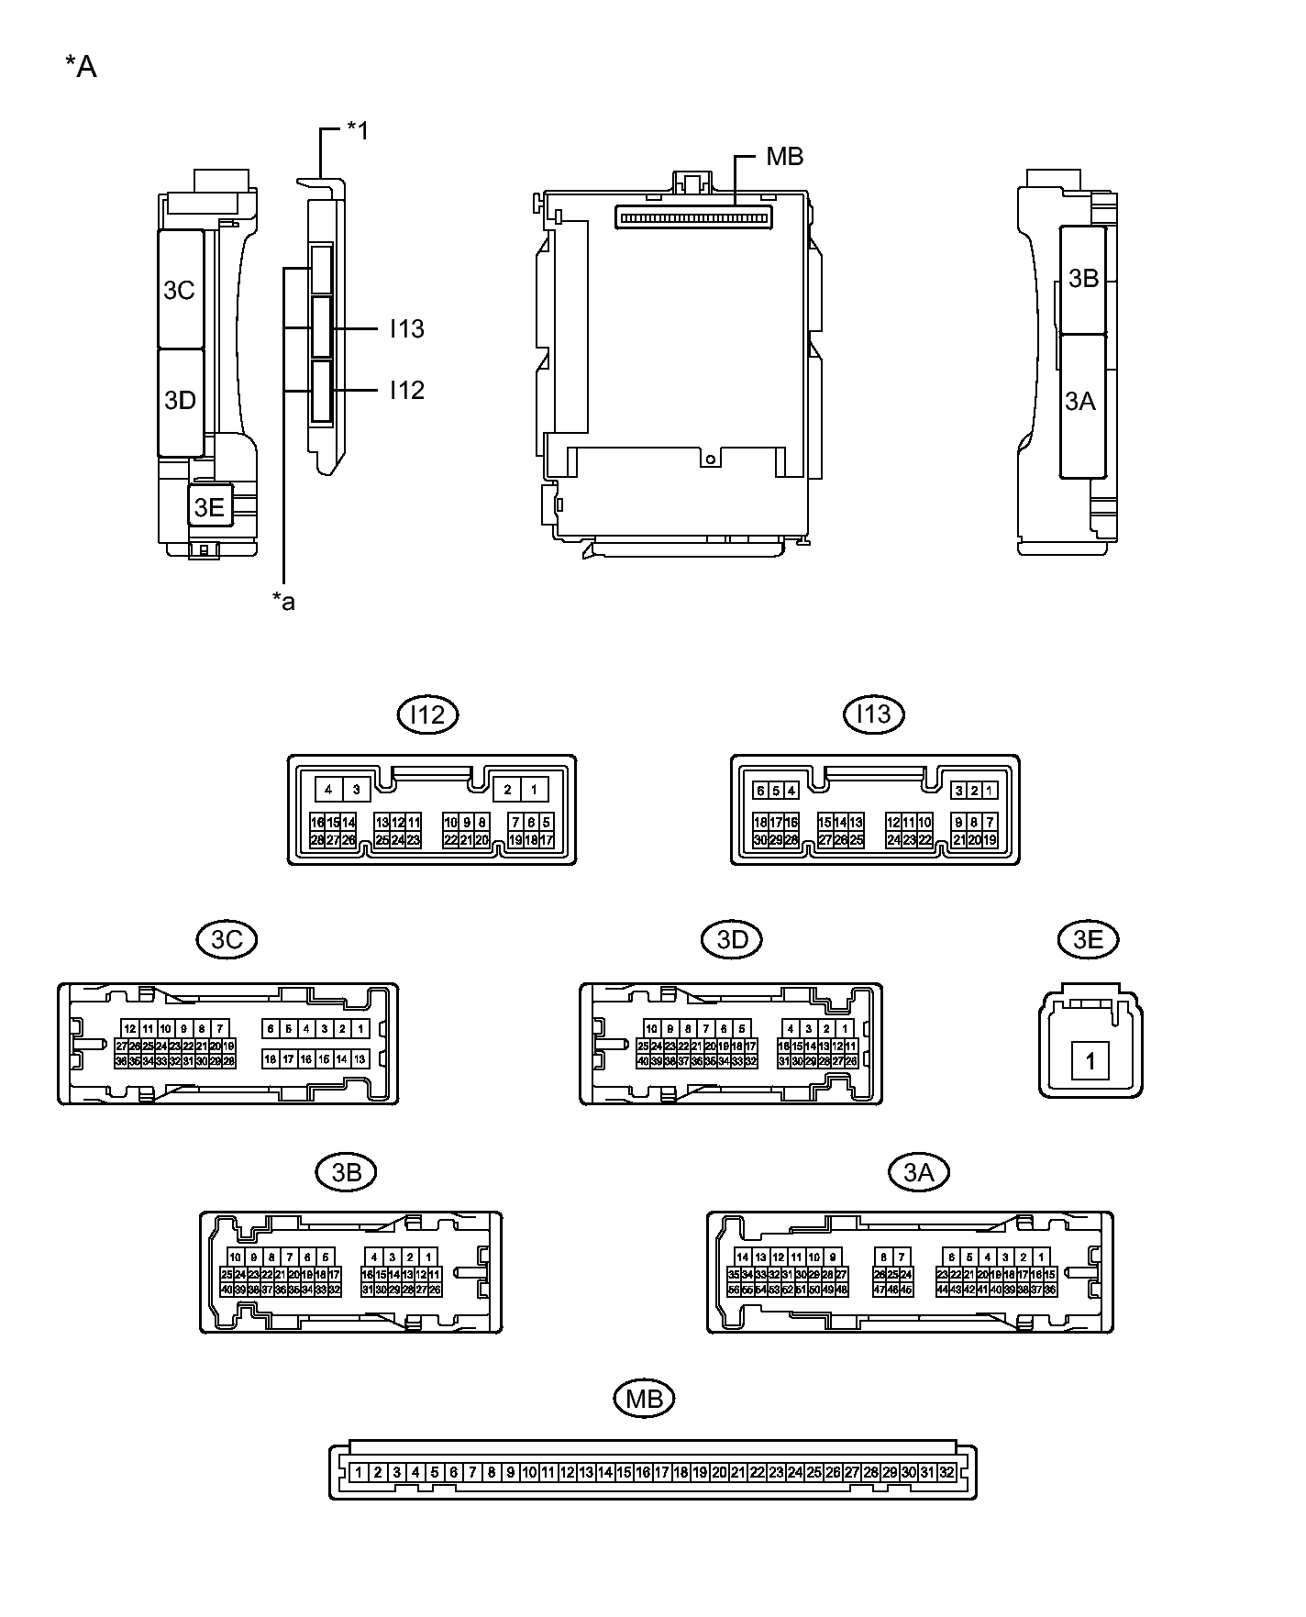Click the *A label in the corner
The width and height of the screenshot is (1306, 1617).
coord(81,67)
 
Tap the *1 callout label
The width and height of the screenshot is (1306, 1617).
coord(357,131)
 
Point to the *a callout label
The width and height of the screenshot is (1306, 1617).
coord(283,602)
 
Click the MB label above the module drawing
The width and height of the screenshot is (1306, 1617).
coord(784,157)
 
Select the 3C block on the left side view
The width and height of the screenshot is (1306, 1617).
coord(180,290)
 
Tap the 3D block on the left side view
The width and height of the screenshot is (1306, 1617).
coord(180,401)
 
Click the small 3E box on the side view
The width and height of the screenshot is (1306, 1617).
coord(210,507)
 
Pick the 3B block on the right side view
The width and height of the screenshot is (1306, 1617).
coord(1084,278)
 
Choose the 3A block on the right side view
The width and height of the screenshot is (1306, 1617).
coord(1080,402)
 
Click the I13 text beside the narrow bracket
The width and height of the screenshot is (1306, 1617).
coord(406,328)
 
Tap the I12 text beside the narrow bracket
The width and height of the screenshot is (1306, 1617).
coord(406,391)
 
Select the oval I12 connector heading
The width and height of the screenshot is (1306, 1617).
coord(427,714)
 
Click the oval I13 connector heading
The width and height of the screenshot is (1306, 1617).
coord(873,714)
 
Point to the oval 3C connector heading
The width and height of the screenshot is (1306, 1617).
coord(227,939)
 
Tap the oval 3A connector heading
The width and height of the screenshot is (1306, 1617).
coord(919,1172)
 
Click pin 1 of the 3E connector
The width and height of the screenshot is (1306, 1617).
coord(1090,1062)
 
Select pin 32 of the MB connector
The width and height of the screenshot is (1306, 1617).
coord(946,1473)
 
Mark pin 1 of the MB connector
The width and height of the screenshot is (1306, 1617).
coord(359,1473)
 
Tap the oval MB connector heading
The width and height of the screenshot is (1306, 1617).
coord(644,1399)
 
